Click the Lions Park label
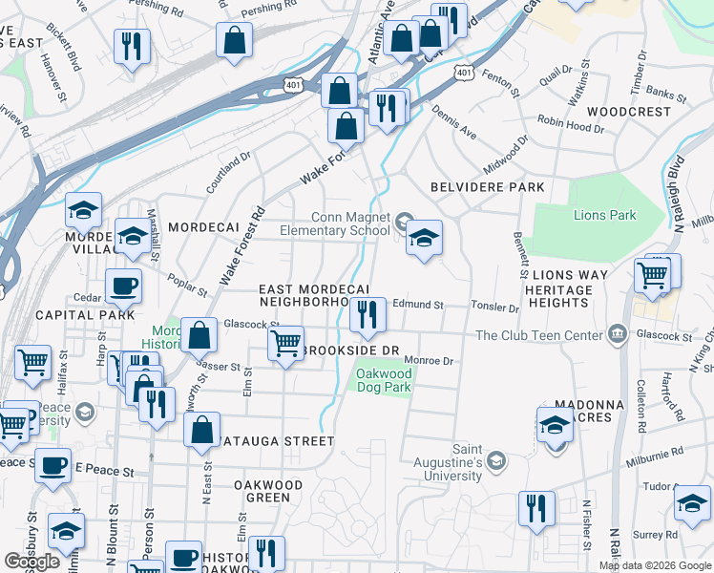point(604,215)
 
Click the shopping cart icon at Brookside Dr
point(285,343)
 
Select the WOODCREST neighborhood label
point(629,112)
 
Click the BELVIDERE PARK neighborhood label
point(487,187)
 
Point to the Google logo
point(32,562)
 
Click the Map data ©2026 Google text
point(654,565)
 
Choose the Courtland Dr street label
point(228,170)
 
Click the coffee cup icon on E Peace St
point(52,465)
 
